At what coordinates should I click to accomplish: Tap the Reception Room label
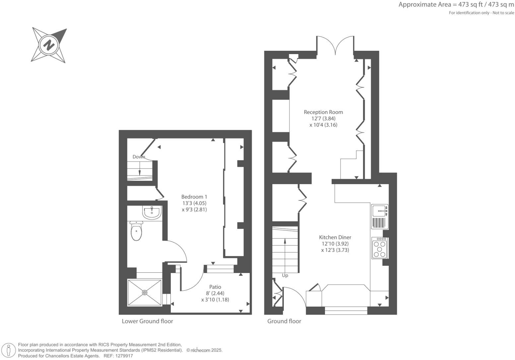pyautogui.click(x=323, y=112)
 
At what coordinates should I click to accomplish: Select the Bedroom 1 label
pyautogui.click(x=194, y=197)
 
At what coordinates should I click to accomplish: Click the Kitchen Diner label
pyautogui.click(x=335, y=237)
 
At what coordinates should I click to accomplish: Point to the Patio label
pyautogui.click(x=215, y=287)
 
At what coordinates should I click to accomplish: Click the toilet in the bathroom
pyautogui.click(x=136, y=231)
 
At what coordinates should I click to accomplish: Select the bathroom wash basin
pyautogui.click(x=152, y=213)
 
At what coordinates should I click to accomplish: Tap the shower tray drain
pyautogui.click(x=145, y=292)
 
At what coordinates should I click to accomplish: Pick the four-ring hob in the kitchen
pyautogui.click(x=380, y=249)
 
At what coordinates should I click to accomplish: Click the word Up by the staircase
pyautogui.click(x=285, y=275)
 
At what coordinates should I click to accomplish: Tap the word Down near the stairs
pyautogui.click(x=139, y=157)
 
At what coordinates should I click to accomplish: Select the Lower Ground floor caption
pyautogui.click(x=147, y=321)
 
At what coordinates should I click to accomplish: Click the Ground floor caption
pyautogui.click(x=284, y=321)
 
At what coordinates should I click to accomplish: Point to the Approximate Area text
pyautogui.click(x=456, y=5)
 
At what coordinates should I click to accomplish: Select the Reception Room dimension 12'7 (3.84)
pyautogui.click(x=323, y=118)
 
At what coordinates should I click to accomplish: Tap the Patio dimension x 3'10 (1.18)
pyautogui.click(x=215, y=300)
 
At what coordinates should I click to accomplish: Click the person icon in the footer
pyautogui.click(x=9, y=350)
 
